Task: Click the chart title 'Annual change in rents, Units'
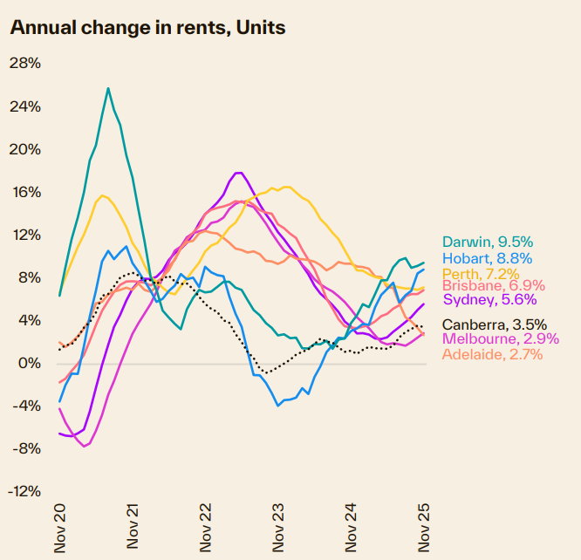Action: [147, 27]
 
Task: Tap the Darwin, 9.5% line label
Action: [487, 242]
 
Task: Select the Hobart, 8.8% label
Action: [487, 258]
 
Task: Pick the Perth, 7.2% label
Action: [482, 273]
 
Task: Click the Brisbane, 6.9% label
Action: [493, 286]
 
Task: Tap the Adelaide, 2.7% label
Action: [492, 354]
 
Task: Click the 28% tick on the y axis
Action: [25, 65]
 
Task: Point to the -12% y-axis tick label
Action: [24, 492]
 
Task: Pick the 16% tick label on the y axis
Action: [25, 193]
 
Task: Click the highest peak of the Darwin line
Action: [108, 88]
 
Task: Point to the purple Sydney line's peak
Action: [238, 173]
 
